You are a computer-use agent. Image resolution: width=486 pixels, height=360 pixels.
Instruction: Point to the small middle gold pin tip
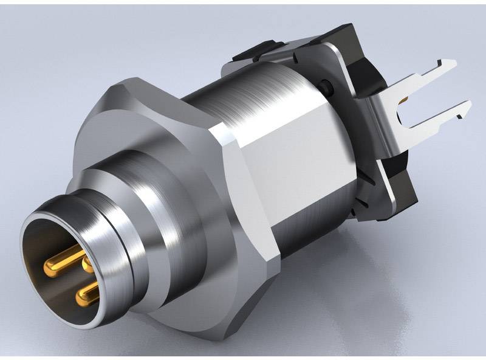tap(87, 263)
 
